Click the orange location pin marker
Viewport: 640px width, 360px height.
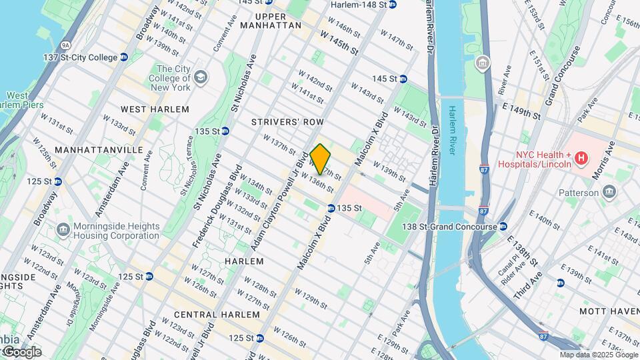coord(321,159)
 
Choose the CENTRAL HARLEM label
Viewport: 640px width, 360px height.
coord(217,314)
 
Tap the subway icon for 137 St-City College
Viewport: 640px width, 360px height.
coord(124,58)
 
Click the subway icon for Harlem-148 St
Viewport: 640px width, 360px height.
coord(393,5)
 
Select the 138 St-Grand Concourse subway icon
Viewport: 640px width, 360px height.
coord(503,227)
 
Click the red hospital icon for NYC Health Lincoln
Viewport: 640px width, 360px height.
coord(581,158)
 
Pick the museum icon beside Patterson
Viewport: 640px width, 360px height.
coord(609,193)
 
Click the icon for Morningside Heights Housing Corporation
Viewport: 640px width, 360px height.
coord(63,230)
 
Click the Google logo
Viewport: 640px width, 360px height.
coord(21,352)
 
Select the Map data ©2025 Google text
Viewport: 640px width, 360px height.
coord(598,355)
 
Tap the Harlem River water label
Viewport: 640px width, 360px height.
coord(452,130)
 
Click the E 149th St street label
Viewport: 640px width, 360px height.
coord(522,113)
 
